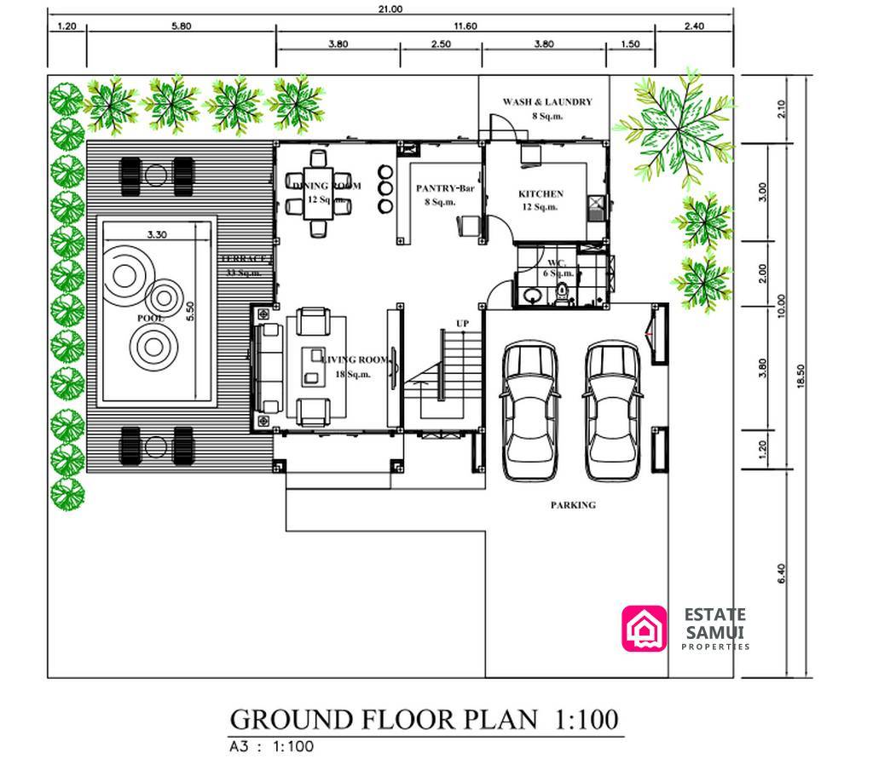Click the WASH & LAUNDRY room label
[546, 101]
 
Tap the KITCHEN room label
[541, 194]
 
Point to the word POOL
[149, 317]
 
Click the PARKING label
[572, 505]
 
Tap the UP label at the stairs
[462, 324]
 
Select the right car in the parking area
[612, 411]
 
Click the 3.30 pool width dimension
[156, 233]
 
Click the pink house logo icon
[645, 628]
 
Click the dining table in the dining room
[320, 193]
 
